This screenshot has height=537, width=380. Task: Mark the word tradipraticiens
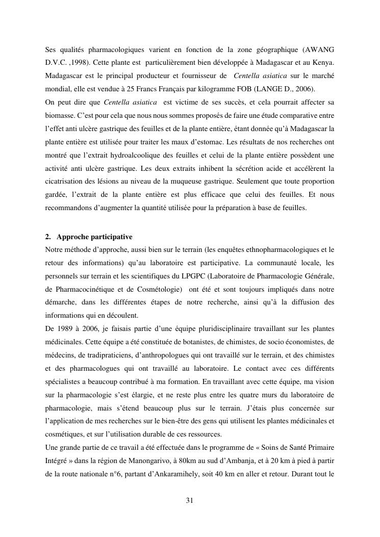[110, 355]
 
